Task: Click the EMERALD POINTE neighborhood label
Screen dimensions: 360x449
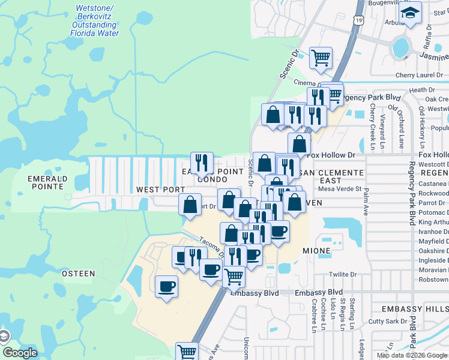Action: (x=46, y=182)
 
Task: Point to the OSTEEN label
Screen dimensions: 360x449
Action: (x=79, y=274)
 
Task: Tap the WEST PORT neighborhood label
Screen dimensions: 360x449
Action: (x=160, y=190)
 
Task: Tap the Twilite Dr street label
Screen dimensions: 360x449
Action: (x=343, y=274)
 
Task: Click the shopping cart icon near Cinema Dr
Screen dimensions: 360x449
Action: (x=321, y=58)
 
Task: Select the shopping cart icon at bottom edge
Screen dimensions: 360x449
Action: (x=187, y=352)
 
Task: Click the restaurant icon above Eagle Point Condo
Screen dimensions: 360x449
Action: (x=202, y=162)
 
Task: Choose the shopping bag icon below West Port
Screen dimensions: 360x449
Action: (x=190, y=205)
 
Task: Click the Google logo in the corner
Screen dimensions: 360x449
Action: (x=20, y=353)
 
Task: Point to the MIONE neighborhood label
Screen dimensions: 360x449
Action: (x=316, y=251)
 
